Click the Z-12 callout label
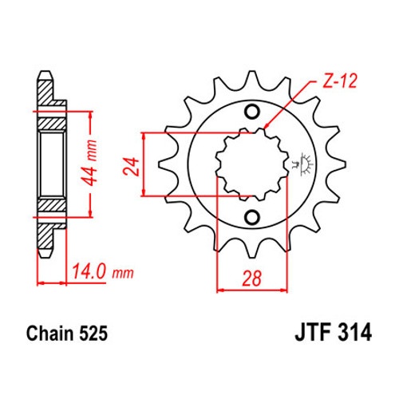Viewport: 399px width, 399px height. pos(339,81)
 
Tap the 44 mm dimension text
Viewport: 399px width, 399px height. pos(89,163)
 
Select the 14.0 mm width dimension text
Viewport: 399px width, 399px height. pos(103,272)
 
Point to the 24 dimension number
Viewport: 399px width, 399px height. pos(131,167)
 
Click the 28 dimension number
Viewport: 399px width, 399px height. pos(252,279)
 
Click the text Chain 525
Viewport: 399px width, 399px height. pos(67,333)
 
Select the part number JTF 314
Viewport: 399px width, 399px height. pos(333,333)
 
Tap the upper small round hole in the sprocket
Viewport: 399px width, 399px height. pos(251,112)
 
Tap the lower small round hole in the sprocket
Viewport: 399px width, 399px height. pos(251,218)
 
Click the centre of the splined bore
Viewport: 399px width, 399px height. pos(252,164)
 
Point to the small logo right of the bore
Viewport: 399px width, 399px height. pos(303,164)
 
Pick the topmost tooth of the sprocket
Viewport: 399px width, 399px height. pos(251,78)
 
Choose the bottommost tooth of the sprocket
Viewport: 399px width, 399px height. pos(251,250)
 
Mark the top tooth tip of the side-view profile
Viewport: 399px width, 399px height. pos(45,73)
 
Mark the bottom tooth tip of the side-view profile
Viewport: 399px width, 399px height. pos(45,255)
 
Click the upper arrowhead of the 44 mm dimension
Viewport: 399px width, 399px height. pos(90,115)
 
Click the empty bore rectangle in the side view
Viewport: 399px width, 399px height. pos(52,164)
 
